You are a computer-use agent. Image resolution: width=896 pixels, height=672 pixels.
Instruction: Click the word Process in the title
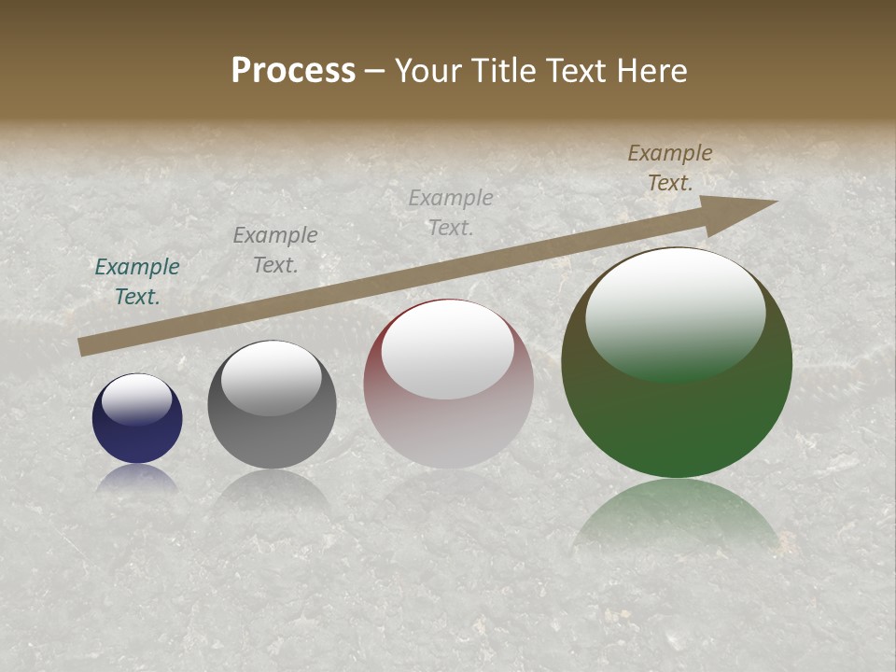click(x=293, y=71)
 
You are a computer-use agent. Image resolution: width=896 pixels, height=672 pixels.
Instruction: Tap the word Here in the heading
click(x=651, y=71)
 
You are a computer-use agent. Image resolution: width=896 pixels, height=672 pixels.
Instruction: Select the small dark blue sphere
click(x=137, y=439)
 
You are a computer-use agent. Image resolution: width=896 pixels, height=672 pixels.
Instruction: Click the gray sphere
click(x=272, y=439)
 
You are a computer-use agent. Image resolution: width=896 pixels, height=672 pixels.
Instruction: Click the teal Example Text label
click(x=137, y=281)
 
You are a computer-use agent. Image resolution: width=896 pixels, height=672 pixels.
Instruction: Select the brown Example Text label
click(x=670, y=168)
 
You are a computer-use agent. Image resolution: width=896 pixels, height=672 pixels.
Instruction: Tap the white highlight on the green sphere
click(x=676, y=314)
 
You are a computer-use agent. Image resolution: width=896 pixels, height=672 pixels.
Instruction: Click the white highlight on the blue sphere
click(x=137, y=399)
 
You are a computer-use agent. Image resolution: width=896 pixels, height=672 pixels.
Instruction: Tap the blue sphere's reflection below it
click(x=137, y=478)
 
